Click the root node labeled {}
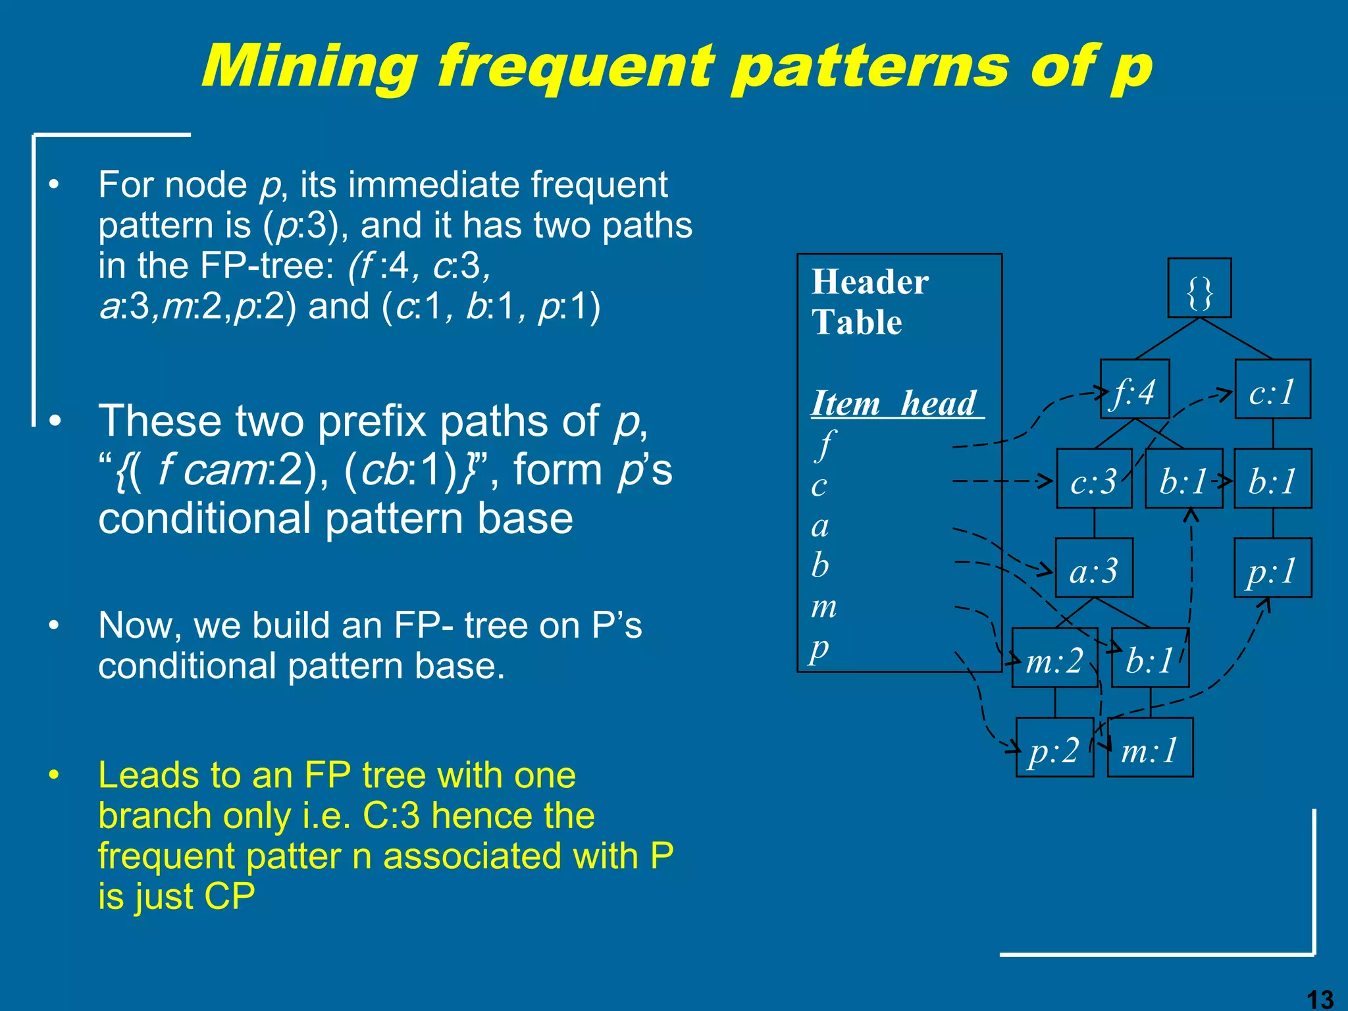(1199, 288)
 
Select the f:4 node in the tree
(1135, 390)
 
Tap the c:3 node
(1094, 479)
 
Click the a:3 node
(1094, 569)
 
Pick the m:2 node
(1054, 658)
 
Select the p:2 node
(1054, 748)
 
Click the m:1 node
(1150, 748)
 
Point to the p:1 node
(1272, 569)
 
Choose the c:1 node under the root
(1272, 390)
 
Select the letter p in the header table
(820, 648)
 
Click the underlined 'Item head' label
(895, 403)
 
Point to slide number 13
(1319, 999)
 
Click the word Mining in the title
(309, 66)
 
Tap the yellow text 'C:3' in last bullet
(391, 816)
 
